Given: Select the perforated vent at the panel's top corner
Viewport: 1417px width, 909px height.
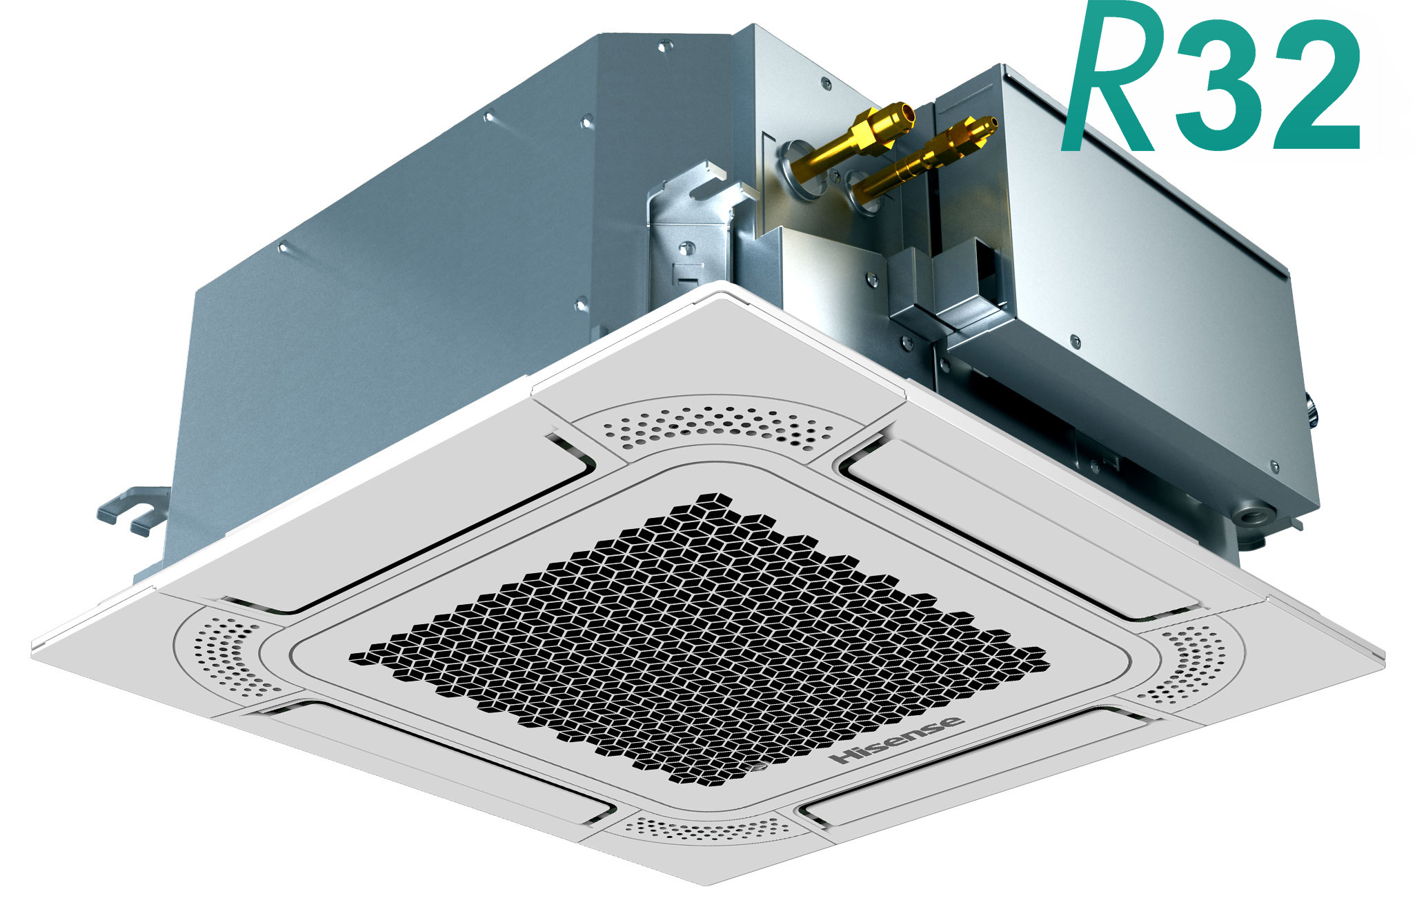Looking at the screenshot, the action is pyautogui.click(x=717, y=428).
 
